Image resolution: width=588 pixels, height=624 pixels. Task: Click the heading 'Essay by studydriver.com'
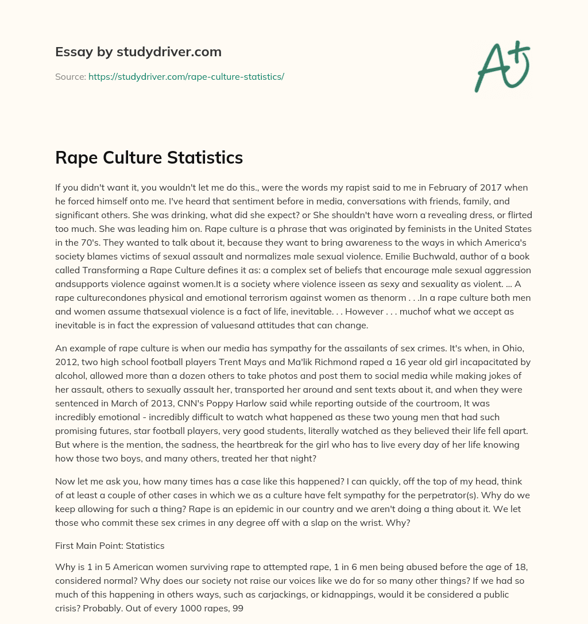coord(138,52)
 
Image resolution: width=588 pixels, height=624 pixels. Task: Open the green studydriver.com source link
coord(186,76)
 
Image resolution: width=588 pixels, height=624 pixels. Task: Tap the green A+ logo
coord(501,66)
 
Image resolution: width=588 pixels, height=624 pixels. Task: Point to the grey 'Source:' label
coord(70,76)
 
